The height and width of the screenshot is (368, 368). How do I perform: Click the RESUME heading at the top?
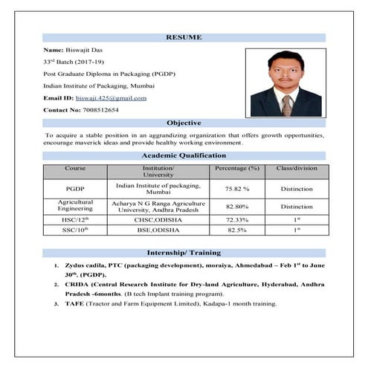click(x=183, y=37)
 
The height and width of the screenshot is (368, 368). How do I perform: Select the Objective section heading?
click(x=183, y=123)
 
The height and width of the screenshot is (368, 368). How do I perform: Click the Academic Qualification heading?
click(x=183, y=155)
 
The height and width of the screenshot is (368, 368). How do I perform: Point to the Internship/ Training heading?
click(x=183, y=253)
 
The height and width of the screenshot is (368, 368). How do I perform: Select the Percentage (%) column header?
click(x=236, y=168)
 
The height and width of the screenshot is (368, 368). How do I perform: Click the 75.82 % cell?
click(x=236, y=188)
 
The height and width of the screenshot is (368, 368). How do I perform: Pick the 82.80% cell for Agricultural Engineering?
click(x=236, y=206)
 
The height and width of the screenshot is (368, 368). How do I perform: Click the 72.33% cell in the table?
click(x=236, y=220)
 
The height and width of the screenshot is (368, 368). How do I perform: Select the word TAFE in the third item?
click(x=72, y=303)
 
